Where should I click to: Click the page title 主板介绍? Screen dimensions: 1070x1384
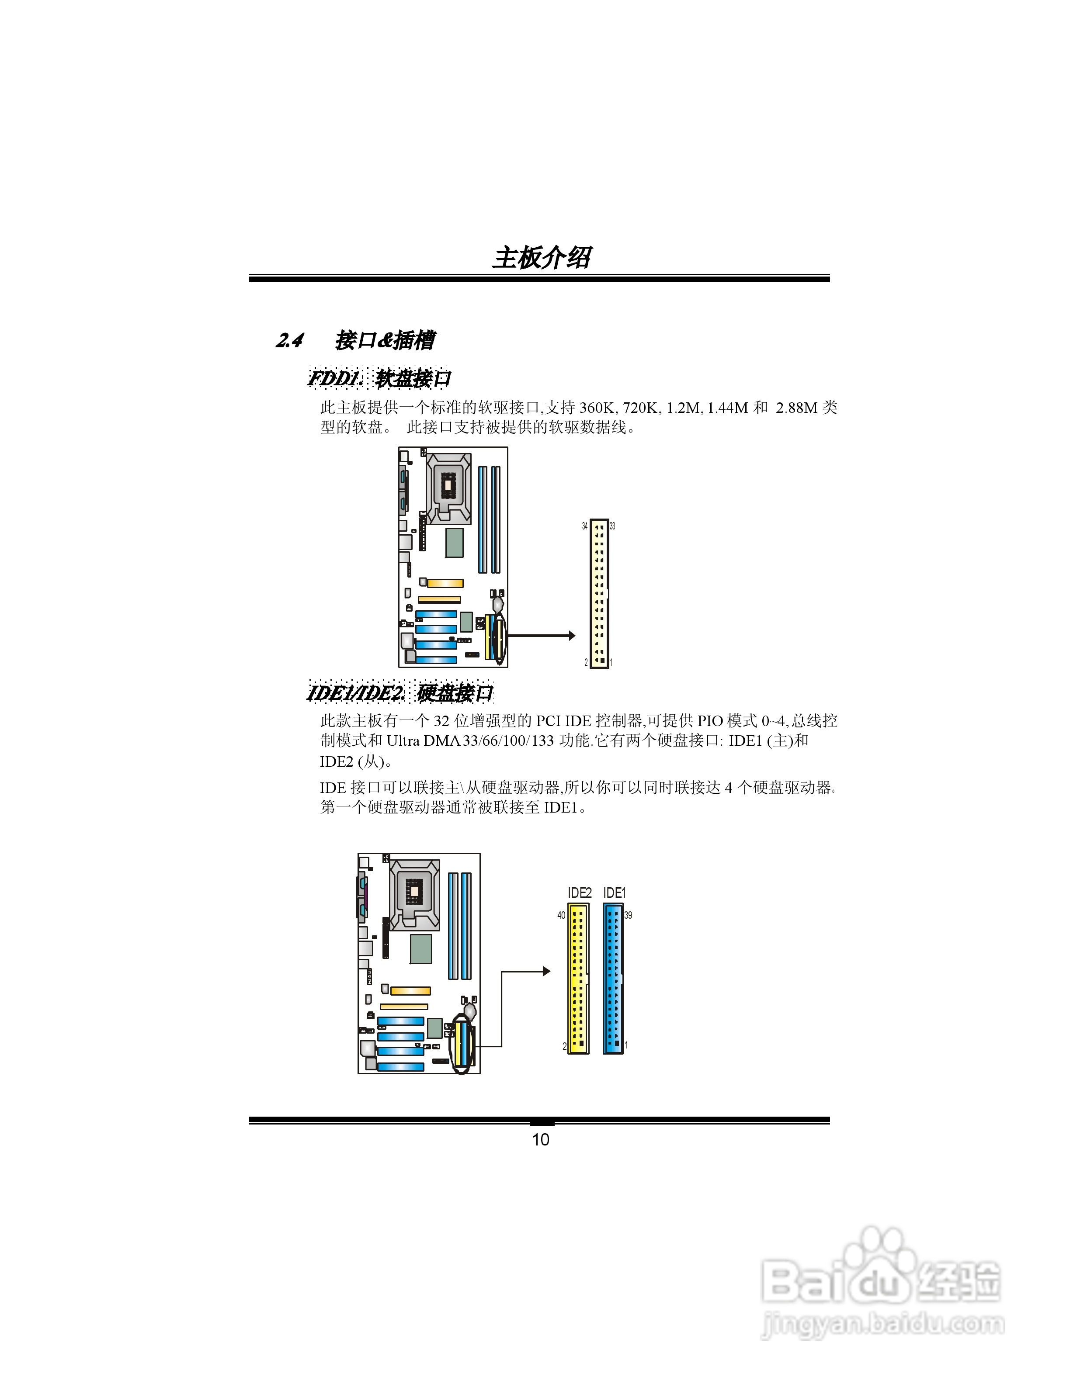click(x=541, y=258)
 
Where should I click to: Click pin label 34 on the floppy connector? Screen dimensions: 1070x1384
click(x=584, y=526)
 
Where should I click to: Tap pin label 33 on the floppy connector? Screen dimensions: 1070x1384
click(x=612, y=526)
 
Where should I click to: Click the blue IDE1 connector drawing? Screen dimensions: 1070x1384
click(x=613, y=979)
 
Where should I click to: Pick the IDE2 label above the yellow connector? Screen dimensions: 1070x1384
click(x=580, y=893)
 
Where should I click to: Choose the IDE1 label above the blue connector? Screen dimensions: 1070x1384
click(x=614, y=893)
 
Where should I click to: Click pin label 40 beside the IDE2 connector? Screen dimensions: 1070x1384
click(x=561, y=915)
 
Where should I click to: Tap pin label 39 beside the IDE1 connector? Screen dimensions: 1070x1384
click(x=628, y=915)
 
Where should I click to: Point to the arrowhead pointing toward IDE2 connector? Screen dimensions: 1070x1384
click(x=546, y=971)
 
